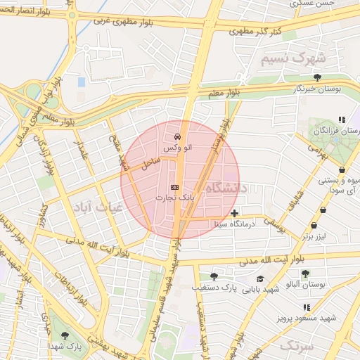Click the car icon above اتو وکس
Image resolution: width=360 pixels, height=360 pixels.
[176, 136]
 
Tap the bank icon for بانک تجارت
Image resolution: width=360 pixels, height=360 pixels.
[174, 187]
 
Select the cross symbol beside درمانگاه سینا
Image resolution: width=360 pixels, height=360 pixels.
[234, 213]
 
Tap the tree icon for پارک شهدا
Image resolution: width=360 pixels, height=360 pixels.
[66, 335]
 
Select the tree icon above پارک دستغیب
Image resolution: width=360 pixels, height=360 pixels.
[214, 276]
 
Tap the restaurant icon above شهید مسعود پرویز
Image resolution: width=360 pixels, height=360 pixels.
[306, 307]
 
